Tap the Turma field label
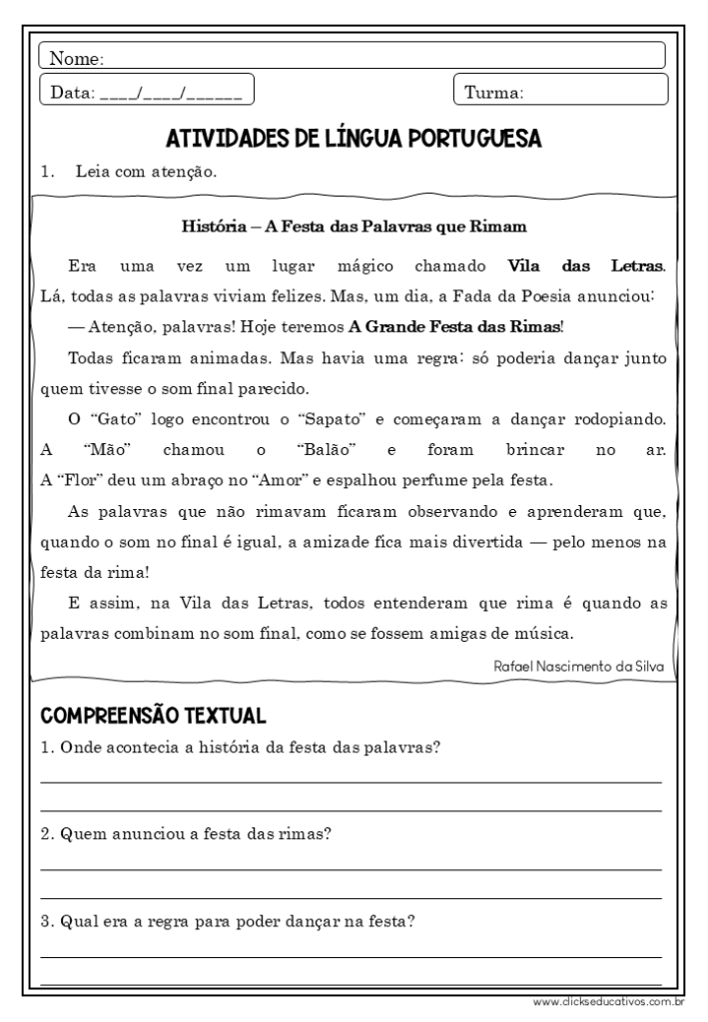(494, 94)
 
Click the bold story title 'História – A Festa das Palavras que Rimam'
(354, 228)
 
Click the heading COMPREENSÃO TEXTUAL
(153, 717)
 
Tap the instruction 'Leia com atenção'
(146, 172)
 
